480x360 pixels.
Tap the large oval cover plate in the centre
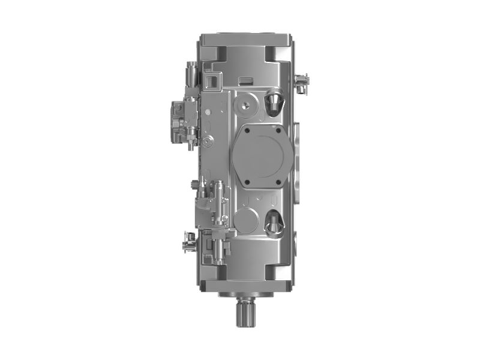point(262,155)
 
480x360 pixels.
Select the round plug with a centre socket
point(245,105)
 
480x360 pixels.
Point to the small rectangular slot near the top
point(245,80)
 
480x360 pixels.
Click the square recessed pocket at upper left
point(212,78)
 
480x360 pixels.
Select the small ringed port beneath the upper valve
point(207,142)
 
